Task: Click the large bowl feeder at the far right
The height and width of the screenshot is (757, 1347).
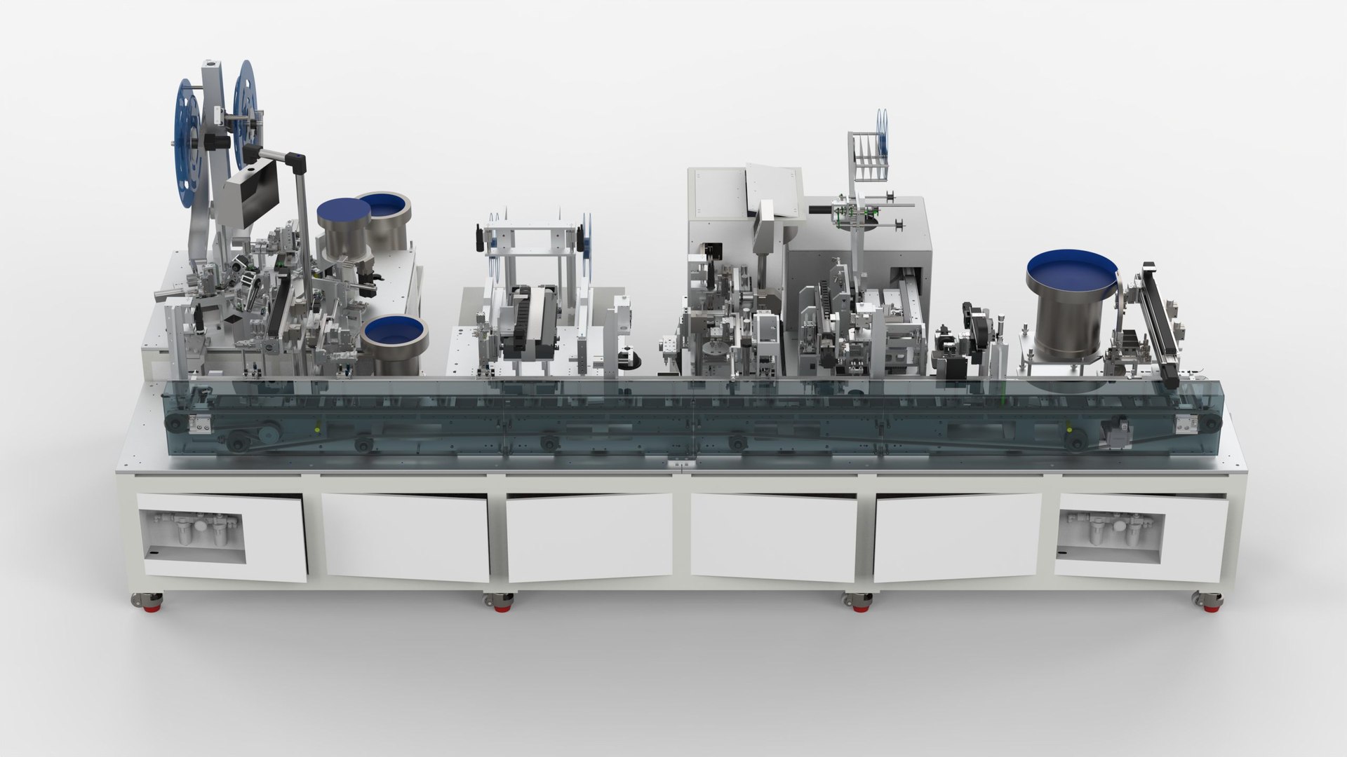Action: click(1071, 308)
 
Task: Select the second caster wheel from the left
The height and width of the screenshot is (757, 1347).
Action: click(500, 604)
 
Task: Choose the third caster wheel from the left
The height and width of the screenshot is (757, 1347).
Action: click(858, 604)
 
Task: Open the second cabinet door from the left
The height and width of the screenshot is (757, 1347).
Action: click(406, 537)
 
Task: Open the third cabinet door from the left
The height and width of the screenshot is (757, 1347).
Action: click(589, 537)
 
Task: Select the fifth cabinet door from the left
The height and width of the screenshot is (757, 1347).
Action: click(958, 537)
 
